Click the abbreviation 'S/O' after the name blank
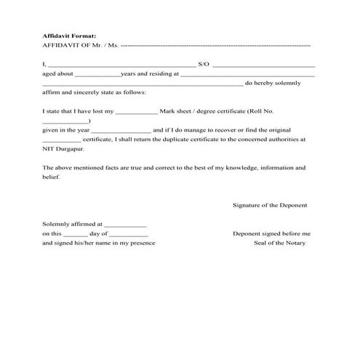pos(203,65)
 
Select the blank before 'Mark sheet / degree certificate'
pos(136,113)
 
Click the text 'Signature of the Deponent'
pos(269,206)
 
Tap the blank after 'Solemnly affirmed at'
pos(127,226)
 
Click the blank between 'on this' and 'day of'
pos(75,235)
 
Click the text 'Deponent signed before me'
pos(271,234)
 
